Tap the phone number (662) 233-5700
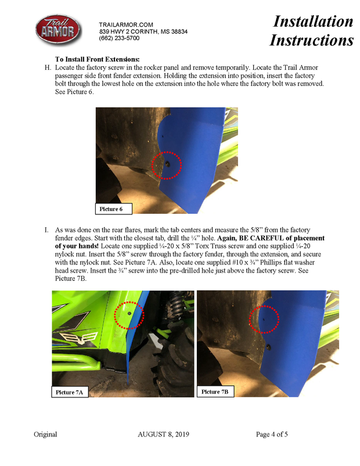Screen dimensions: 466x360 119,38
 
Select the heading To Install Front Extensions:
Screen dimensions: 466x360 97,59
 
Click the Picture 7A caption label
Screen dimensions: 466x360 69,393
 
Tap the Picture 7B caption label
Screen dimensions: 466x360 215,392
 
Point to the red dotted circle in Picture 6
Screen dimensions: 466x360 167,166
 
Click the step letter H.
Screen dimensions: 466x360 48,68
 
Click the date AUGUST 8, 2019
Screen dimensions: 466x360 163,435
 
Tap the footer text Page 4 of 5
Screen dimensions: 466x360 272,435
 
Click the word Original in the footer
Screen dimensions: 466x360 45,435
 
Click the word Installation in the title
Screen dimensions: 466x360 313,21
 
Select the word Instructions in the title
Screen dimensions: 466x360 311,40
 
